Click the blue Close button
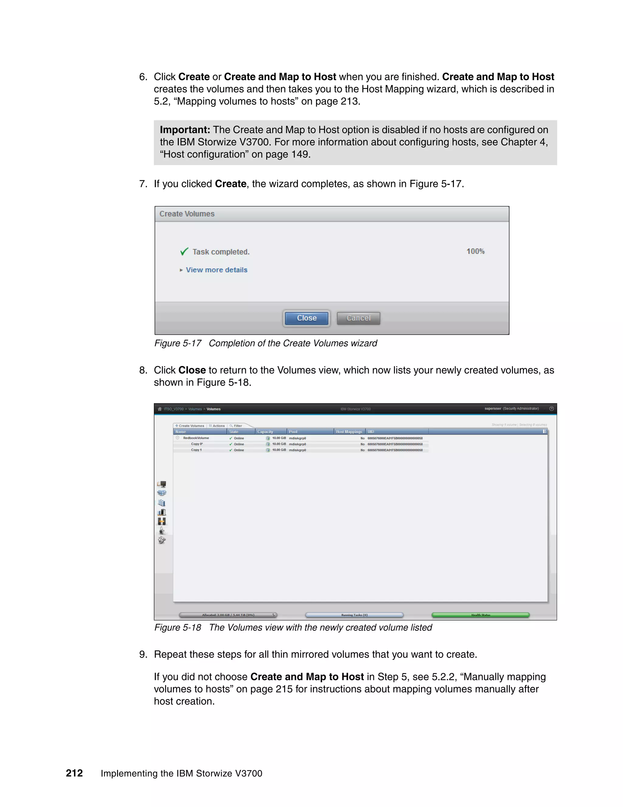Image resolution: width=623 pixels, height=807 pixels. tap(306, 318)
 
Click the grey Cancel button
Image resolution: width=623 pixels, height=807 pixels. tap(358, 318)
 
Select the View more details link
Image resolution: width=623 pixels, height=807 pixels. tap(216, 270)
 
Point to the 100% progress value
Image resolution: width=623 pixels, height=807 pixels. tap(475, 251)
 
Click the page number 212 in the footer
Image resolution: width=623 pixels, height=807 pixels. tap(74, 773)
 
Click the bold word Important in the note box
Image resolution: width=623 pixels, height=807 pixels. tap(185, 130)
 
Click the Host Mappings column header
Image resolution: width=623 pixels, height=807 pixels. tap(349, 432)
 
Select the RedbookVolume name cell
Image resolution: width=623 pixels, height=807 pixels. tap(196, 438)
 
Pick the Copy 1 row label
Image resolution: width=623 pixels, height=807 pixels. tap(196, 450)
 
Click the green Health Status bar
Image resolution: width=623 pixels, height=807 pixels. tap(481, 615)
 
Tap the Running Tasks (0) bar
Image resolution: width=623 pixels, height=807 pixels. tap(354, 615)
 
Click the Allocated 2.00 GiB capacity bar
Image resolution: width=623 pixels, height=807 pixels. tap(228, 615)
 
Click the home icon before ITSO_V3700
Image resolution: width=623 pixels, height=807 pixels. tap(160, 409)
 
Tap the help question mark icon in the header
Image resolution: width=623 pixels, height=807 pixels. tap(552, 409)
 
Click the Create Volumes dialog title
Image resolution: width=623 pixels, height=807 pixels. tap(187, 214)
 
